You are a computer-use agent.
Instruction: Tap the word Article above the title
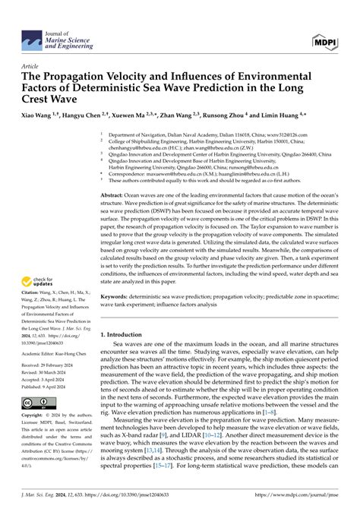click(31, 65)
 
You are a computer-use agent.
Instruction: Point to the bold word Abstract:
click(115, 195)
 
